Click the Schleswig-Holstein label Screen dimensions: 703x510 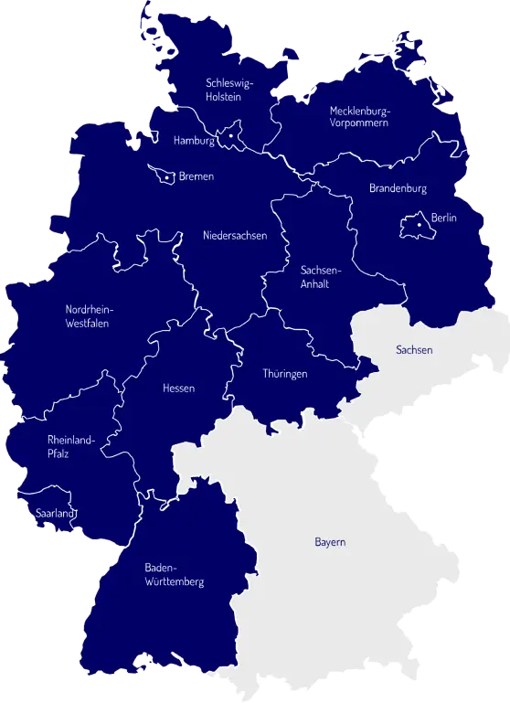(x=230, y=90)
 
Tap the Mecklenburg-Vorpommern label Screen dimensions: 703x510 (x=359, y=116)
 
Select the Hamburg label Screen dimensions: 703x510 (x=194, y=141)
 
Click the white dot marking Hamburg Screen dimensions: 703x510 (x=231, y=136)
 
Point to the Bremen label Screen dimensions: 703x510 (x=197, y=176)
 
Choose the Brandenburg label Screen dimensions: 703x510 (x=398, y=188)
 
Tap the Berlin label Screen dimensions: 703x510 (x=443, y=218)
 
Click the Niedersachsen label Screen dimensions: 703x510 (x=235, y=236)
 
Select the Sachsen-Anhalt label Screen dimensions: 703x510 (x=320, y=276)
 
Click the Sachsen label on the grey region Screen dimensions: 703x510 (x=414, y=350)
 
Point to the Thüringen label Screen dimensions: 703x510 (x=285, y=374)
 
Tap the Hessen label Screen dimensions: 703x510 (x=178, y=389)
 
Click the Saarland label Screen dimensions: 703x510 (x=53, y=514)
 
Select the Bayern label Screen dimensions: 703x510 (x=330, y=542)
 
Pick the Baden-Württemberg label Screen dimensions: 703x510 (x=174, y=574)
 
